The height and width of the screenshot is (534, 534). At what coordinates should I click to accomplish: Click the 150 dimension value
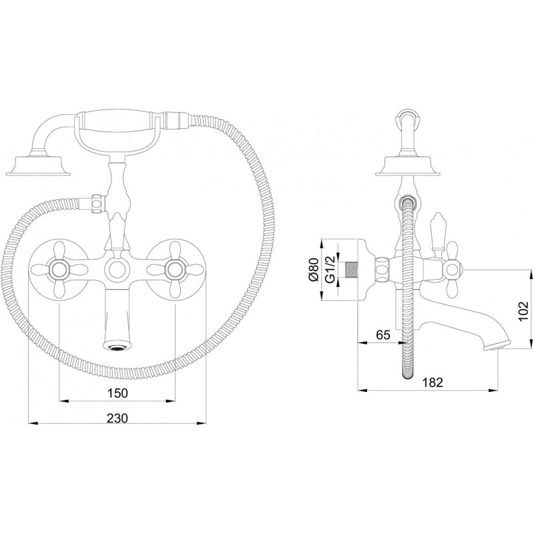(117, 392)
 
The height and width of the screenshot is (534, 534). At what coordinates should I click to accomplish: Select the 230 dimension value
(117, 418)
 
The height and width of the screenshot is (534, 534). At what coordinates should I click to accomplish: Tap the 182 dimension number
(433, 382)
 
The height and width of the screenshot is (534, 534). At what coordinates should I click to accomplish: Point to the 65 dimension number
(382, 335)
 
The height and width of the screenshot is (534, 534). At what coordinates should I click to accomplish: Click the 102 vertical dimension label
(523, 310)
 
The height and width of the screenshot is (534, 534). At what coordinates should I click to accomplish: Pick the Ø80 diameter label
(313, 270)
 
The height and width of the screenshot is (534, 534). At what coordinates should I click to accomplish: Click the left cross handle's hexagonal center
(59, 270)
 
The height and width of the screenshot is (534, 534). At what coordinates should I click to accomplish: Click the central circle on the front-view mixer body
(117, 270)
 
